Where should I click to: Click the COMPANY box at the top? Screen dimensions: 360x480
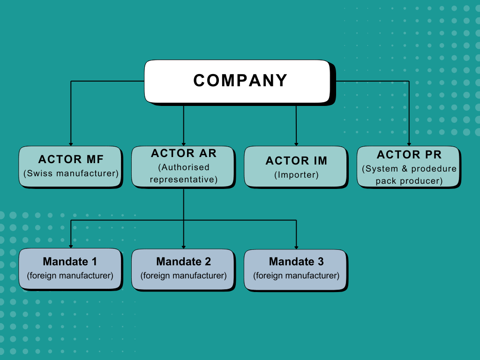[x=239, y=81]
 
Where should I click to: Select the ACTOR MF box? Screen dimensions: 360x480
[x=71, y=167]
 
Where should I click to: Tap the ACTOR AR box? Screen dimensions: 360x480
[x=183, y=167]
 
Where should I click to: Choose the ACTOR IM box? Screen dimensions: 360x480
[x=296, y=167]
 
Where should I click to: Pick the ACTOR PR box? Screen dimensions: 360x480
[x=409, y=167]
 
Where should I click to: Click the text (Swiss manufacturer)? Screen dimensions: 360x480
[x=71, y=173]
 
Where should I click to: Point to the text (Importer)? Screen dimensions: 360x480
[x=296, y=175]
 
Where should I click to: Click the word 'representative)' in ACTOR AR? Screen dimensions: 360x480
[x=184, y=180]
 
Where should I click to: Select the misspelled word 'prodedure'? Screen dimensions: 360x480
[x=434, y=169]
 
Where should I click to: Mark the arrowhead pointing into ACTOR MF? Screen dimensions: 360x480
[x=71, y=144]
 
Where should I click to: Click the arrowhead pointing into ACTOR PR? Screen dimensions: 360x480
[x=409, y=144]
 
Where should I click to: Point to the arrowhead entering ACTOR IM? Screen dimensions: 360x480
[x=296, y=144]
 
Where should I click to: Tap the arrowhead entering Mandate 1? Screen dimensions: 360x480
[x=71, y=247]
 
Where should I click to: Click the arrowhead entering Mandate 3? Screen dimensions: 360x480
[x=296, y=247]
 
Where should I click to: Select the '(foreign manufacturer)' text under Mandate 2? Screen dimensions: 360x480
[x=184, y=276]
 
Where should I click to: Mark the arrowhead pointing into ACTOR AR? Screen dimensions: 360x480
[x=183, y=144]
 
